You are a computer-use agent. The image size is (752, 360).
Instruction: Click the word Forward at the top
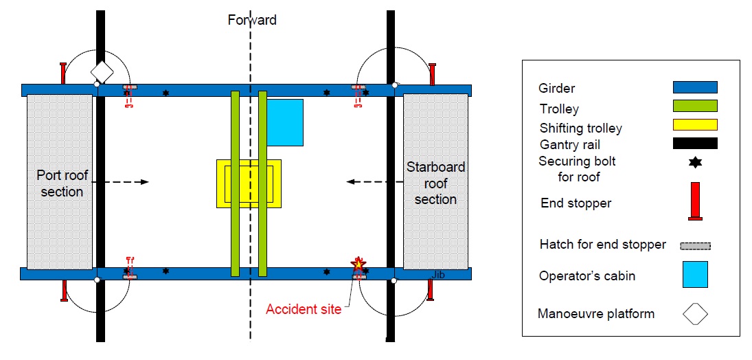pyautogui.click(x=252, y=20)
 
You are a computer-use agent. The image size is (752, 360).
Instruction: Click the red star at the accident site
pyautogui.click(x=358, y=264)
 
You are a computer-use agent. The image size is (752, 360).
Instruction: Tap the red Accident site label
pyautogui.click(x=304, y=309)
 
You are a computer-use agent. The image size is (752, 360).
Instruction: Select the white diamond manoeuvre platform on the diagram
pyautogui.click(x=102, y=71)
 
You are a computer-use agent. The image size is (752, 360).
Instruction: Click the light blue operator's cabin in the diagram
pyautogui.click(x=284, y=122)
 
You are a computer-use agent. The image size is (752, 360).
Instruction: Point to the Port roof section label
pyautogui.click(x=61, y=183)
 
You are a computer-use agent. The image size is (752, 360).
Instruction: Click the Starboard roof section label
pyautogui.click(x=435, y=183)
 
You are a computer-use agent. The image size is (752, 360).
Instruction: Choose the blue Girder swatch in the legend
pyautogui.click(x=695, y=87)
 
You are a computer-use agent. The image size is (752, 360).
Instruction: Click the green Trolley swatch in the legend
pyautogui.click(x=695, y=106)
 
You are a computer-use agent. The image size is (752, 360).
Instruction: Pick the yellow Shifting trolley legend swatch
pyautogui.click(x=695, y=124)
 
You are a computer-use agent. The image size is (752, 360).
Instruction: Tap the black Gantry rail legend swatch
pyautogui.click(x=695, y=143)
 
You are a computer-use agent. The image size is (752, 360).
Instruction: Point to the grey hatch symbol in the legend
pyautogui.click(x=695, y=245)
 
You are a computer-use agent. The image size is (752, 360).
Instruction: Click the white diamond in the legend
pyautogui.click(x=695, y=313)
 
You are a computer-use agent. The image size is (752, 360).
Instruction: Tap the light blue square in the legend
pyautogui.click(x=695, y=274)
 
